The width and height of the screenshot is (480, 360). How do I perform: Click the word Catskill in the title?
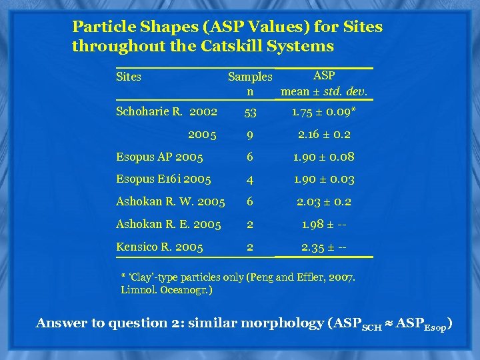233,46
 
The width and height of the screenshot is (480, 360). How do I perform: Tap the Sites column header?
129,77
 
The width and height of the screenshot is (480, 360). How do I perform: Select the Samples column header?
250,77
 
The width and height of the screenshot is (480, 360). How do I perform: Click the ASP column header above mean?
324,75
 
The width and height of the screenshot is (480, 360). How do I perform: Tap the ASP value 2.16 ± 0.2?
324,135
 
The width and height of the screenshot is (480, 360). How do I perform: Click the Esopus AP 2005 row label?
159,157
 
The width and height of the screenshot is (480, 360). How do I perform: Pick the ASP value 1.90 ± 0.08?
324,157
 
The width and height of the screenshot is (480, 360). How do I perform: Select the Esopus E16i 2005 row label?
163,179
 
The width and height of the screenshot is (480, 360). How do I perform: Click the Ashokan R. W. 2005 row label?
170,202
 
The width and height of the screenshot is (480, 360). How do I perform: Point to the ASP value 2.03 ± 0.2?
324,202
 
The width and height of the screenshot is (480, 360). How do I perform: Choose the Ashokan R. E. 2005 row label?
168,225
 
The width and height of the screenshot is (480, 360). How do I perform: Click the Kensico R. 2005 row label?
159,247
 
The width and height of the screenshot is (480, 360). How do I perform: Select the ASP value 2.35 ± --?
324,247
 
